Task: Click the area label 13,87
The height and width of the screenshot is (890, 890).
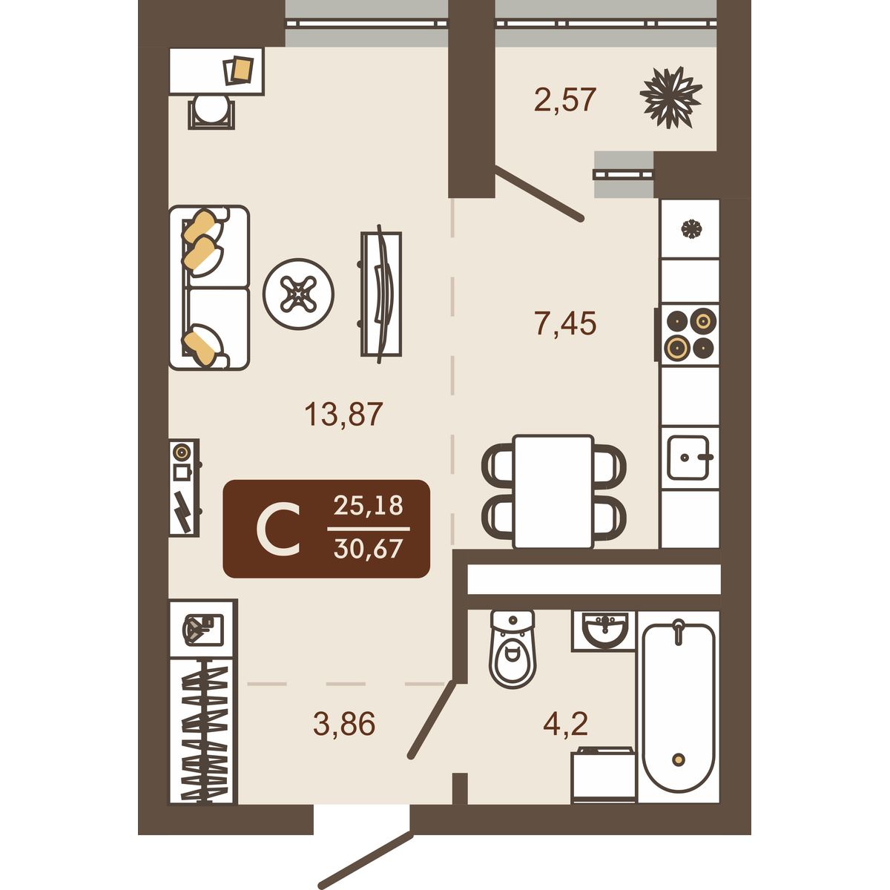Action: tap(344, 415)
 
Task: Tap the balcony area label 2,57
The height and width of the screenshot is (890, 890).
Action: tap(565, 99)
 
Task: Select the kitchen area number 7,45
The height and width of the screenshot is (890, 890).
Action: tap(565, 323)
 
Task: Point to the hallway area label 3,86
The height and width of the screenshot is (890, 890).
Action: tap(344, 723)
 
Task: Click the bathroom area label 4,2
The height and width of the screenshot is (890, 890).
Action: tap(565, 723)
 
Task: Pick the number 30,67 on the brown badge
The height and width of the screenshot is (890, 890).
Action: tap(368, 549)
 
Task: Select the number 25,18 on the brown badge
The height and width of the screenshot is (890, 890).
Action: tap(368, 506)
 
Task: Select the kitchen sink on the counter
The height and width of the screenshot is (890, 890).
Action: tap(688, 458)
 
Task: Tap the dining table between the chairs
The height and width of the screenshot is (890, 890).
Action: tap(553, 492)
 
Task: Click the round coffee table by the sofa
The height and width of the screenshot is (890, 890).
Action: tap(298, 294)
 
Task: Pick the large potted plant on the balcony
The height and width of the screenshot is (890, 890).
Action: tap(670, 97)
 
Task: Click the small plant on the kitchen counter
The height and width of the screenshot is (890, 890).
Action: tap(692, 228)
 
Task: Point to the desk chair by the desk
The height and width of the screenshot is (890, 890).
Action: tap(211, 111)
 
